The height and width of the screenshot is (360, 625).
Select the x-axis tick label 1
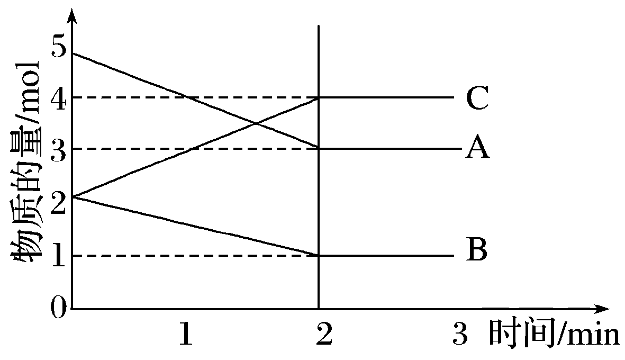coord(185,335)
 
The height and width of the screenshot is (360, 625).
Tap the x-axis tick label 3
coord(461,335)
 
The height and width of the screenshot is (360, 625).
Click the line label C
coord(477,98)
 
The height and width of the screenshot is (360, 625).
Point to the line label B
coord(476,250)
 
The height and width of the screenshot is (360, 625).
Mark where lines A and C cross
coord(256,124)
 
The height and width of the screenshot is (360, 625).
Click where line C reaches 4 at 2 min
coord(319,97)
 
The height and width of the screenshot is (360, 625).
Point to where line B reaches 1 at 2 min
coord(319,256)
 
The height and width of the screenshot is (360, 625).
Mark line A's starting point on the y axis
coord(73,53)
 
